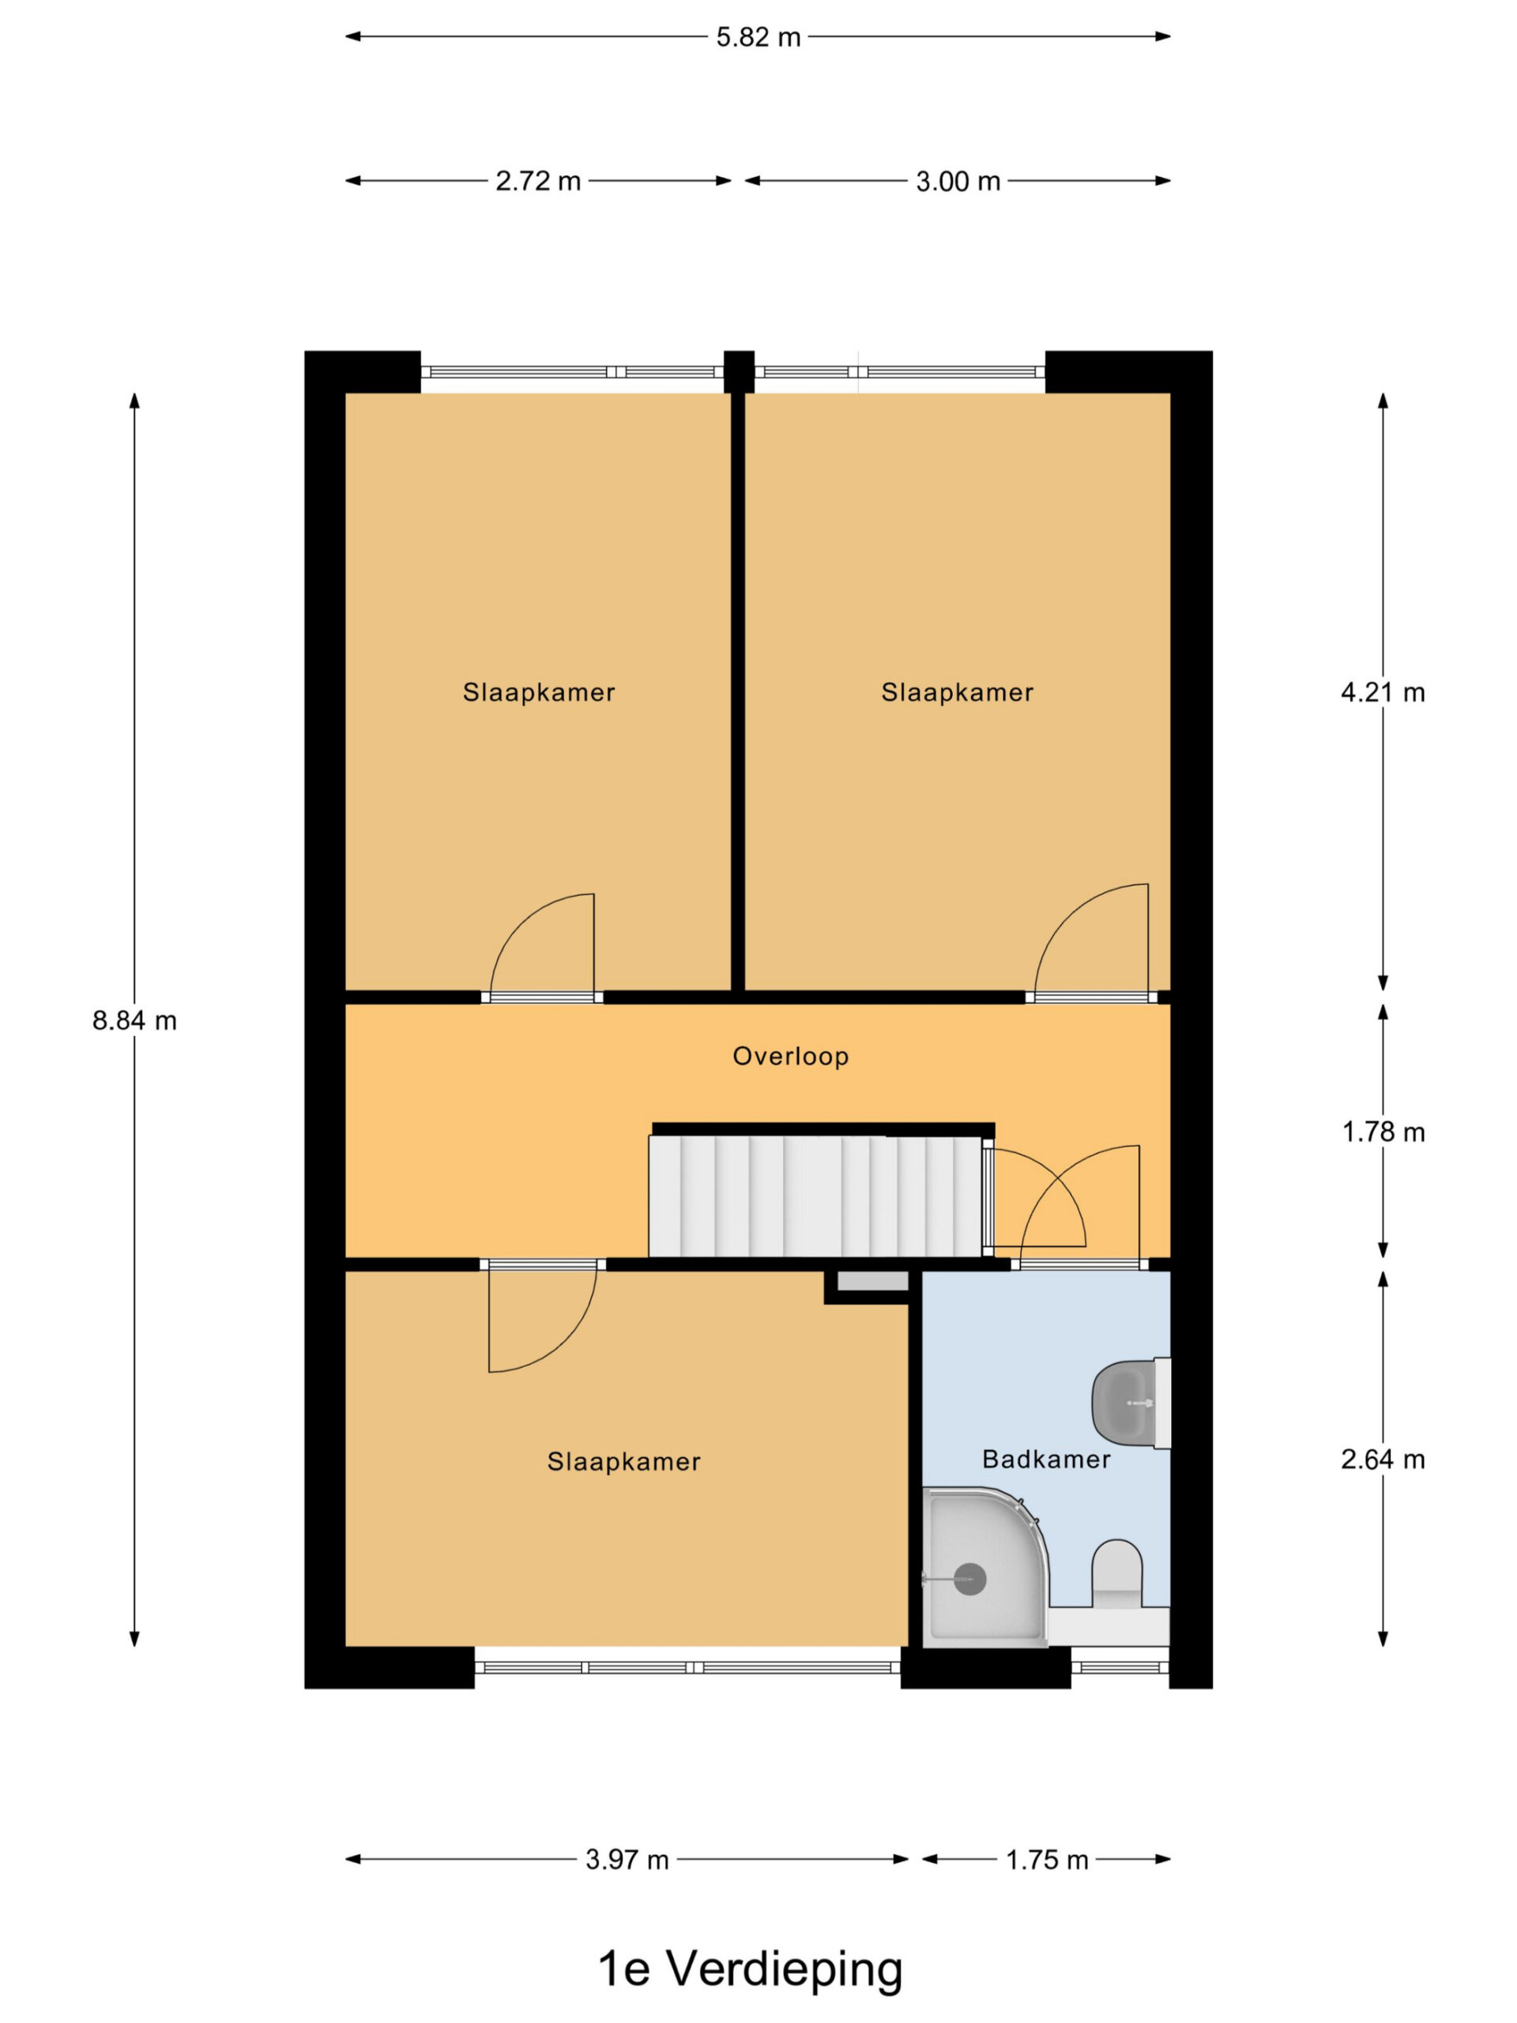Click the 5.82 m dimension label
coord(758,37)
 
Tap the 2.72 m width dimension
coord(538,181)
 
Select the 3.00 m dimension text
coord(958,181)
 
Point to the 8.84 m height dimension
coord(134,1021)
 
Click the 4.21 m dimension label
coord(1383,692)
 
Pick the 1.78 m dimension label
coord(1383,1132)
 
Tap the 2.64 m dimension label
coord(1383,1460)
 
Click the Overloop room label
coord(791,1057)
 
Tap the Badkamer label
coord(1046,1459)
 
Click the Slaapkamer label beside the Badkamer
coord(623,1461)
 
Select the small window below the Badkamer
coord(1120,1667)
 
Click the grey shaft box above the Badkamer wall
coord(873,1281)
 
